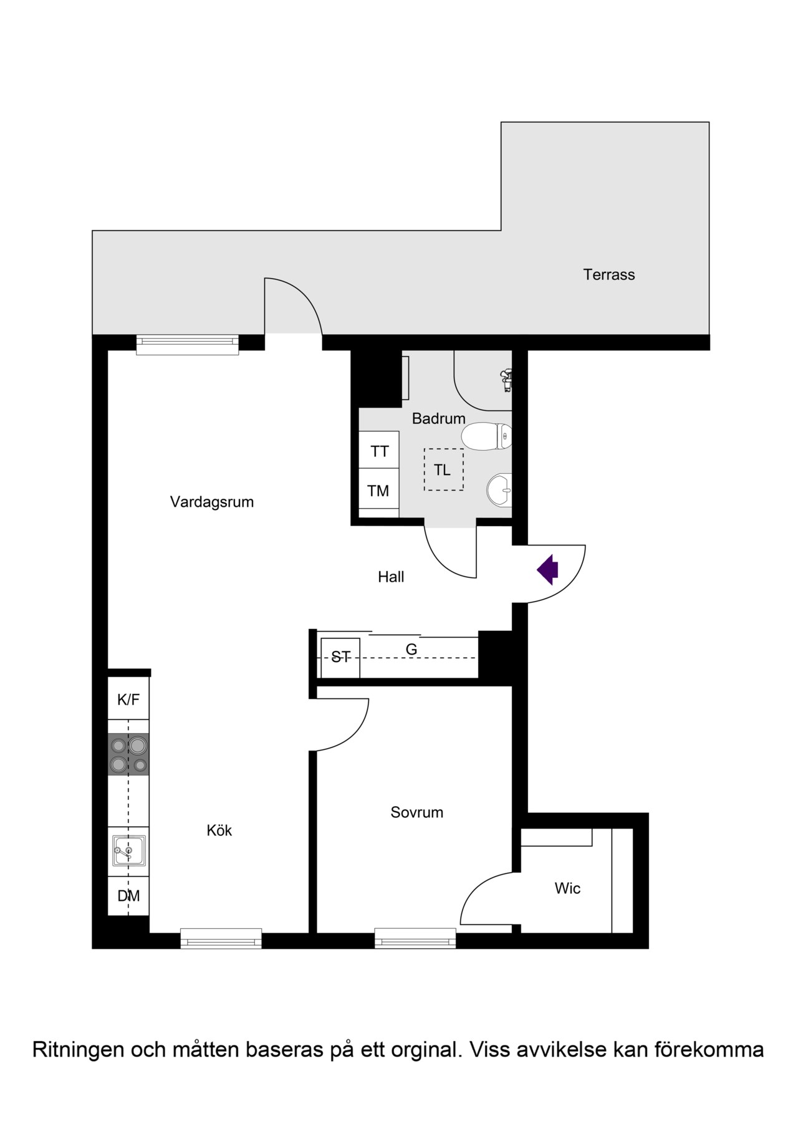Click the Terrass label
tap(609, 275)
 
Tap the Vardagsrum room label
tap(212, 502)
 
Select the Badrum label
tap(439, 419)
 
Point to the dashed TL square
tap(444, 469)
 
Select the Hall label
tap(391, 577)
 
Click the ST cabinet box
tap(340, 658)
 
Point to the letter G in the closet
tap(411, 650)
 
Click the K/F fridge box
tap(128, 698)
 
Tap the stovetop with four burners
tap(128, 754)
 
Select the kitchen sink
tap(129, 850)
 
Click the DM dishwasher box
tap(128, 896)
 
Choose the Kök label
tap(219, 830)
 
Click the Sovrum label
tap(417, 812)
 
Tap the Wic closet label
tap(567, 888)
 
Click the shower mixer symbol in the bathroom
tap(506, 380)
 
